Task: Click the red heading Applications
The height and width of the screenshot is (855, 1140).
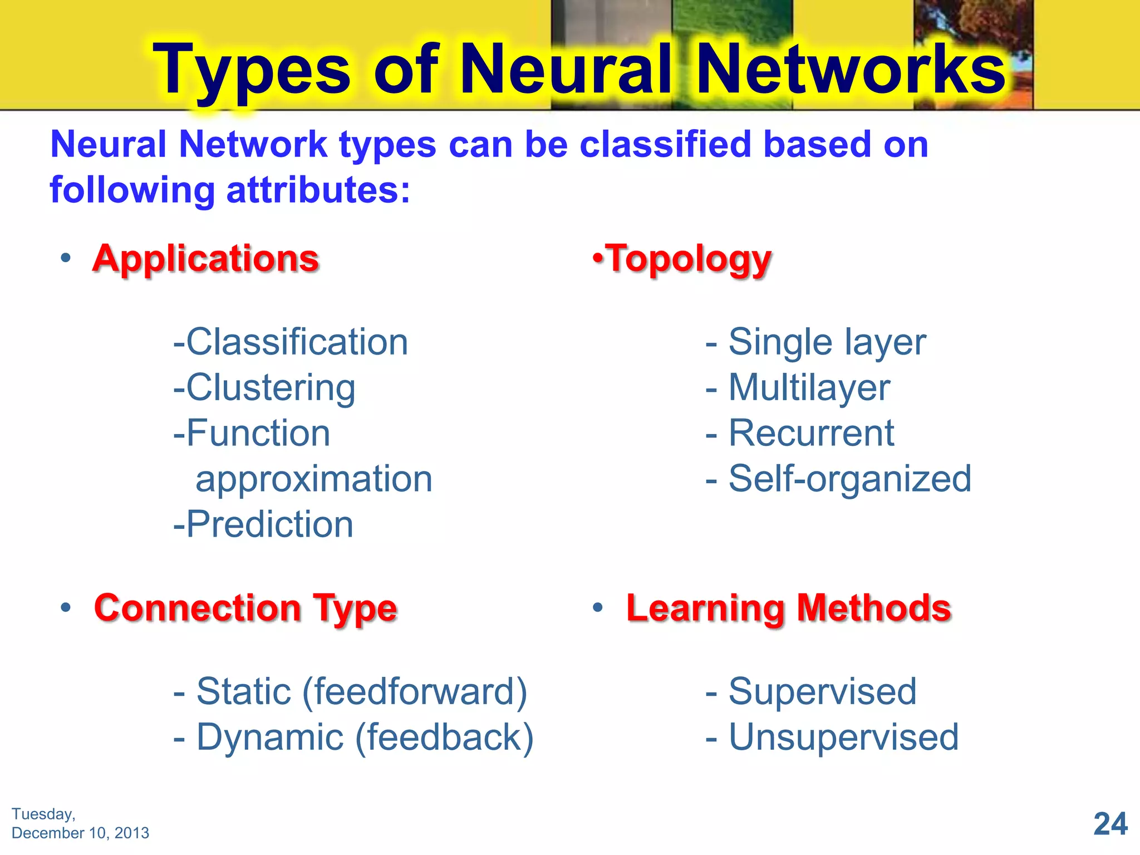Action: (x=205, y=259)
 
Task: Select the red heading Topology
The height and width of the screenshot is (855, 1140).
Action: (x=689, y=259)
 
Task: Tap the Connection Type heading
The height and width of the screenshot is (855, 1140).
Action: (x=245, y=608)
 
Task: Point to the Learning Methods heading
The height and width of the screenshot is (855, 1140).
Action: (x=788, y=608)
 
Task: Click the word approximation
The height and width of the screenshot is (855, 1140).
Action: (x=314, y=479)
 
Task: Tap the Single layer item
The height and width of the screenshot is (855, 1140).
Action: (x=827, y=342)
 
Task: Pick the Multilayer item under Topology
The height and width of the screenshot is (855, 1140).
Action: (x=809, y=387)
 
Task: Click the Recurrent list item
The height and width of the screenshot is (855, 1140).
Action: (x=811, y=433)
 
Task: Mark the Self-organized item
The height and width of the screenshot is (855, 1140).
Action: (x=849, y=479)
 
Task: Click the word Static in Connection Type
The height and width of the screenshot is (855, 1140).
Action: (x=244, y=691)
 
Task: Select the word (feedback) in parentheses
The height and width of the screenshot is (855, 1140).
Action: (x=444, y=738)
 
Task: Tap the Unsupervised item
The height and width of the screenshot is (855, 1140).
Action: (x=843, y=738)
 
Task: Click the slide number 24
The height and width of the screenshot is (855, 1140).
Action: (x=1110, y=824)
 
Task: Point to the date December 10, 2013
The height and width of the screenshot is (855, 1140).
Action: (x=80, y=833)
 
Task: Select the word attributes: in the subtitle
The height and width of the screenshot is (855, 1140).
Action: (x=318, y=190)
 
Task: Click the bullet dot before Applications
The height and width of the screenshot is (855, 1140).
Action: (x=66, y=258)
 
